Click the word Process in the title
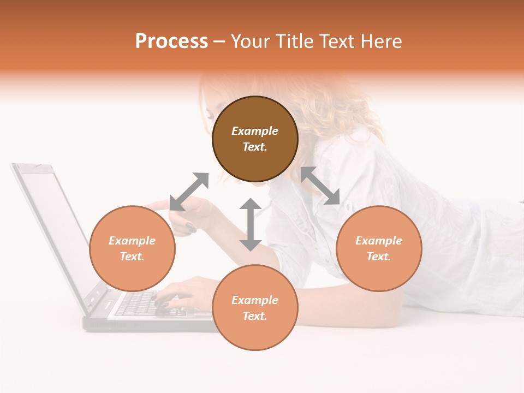(171, 41)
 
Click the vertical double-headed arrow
(251, 224)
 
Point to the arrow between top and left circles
(189, 192)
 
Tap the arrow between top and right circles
(320, 186)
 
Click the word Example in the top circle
(255, 131)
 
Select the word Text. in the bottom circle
(255, 316)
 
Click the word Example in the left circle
(132, 241)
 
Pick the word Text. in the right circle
(379, 257)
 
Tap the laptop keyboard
(136, 303)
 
